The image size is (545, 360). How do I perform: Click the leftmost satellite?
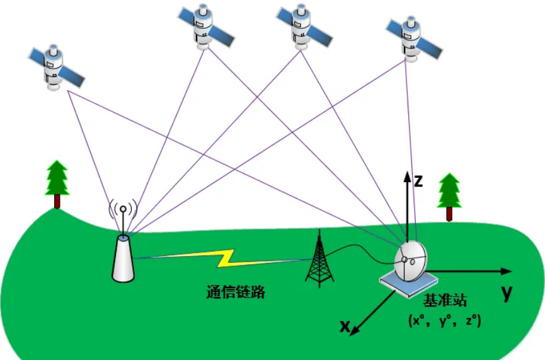coord(55,66)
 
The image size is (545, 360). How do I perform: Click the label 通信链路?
coord(235,293)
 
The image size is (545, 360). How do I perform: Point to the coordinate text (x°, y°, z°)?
coord(444,320)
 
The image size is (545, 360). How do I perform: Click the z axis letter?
coord(418,182)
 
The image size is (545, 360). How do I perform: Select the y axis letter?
coord(506,292)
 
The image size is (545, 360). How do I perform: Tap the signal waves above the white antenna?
coord(123,209)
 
